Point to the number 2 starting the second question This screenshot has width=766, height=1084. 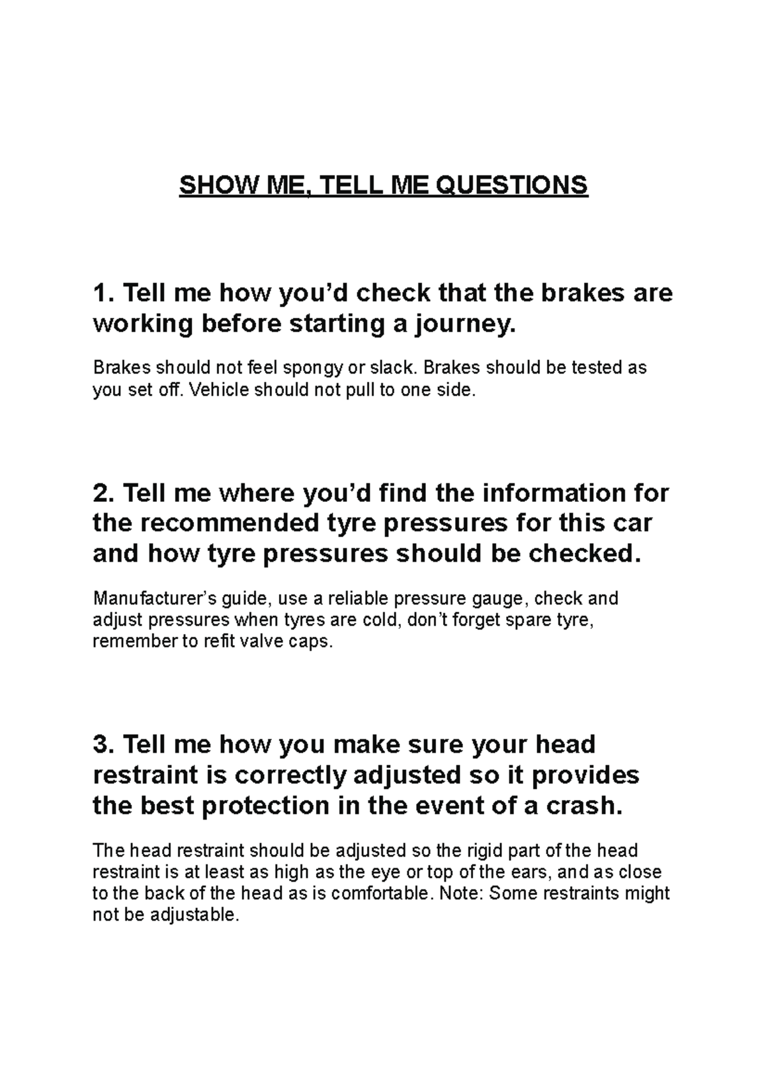coord(101,493)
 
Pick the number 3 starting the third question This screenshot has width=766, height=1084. coord(101,744)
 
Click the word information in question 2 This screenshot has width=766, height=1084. coord(555,493)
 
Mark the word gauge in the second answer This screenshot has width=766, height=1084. coord(497,599)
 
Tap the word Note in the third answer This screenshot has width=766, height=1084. coord(458,893)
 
